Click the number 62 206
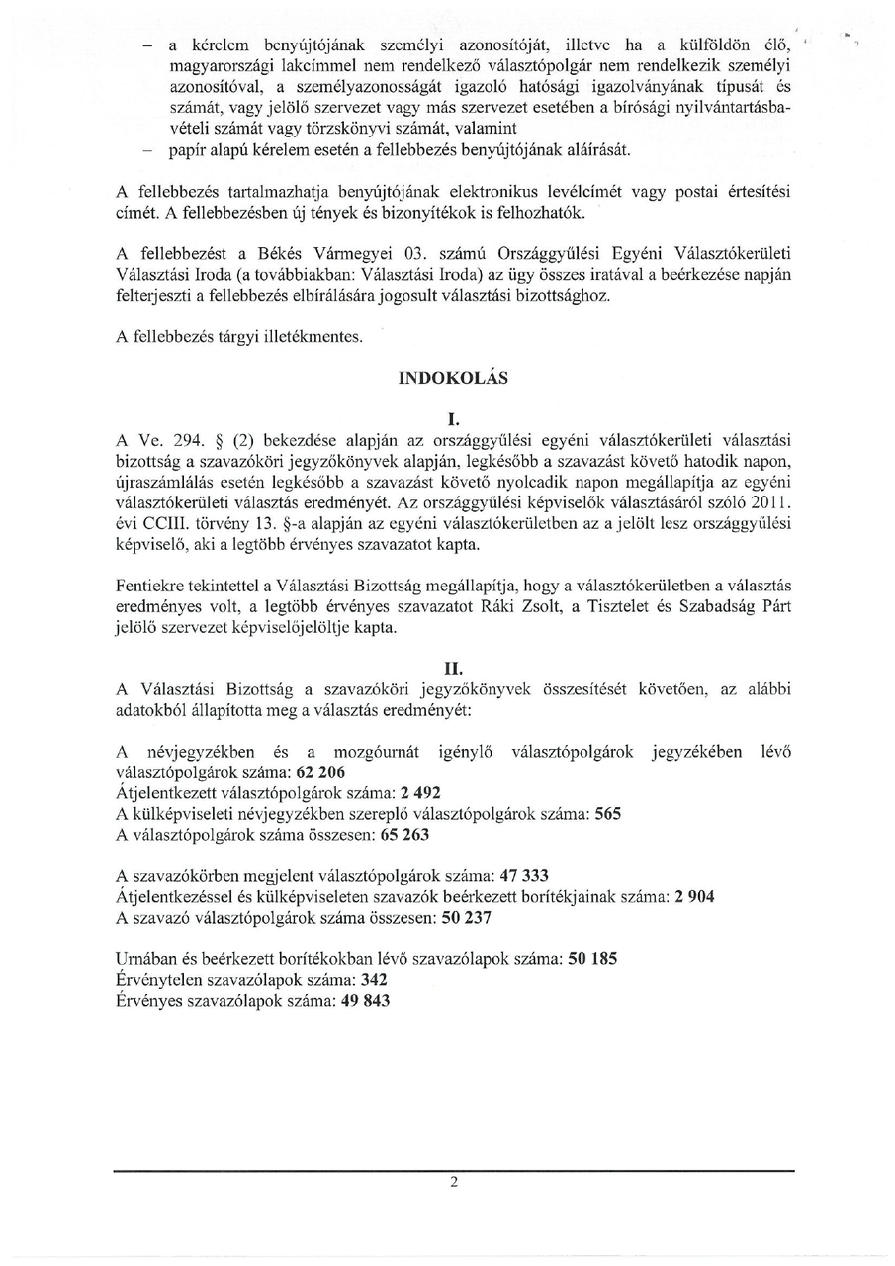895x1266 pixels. (x=316, y=772)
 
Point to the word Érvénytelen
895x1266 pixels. (x=160, y=980)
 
